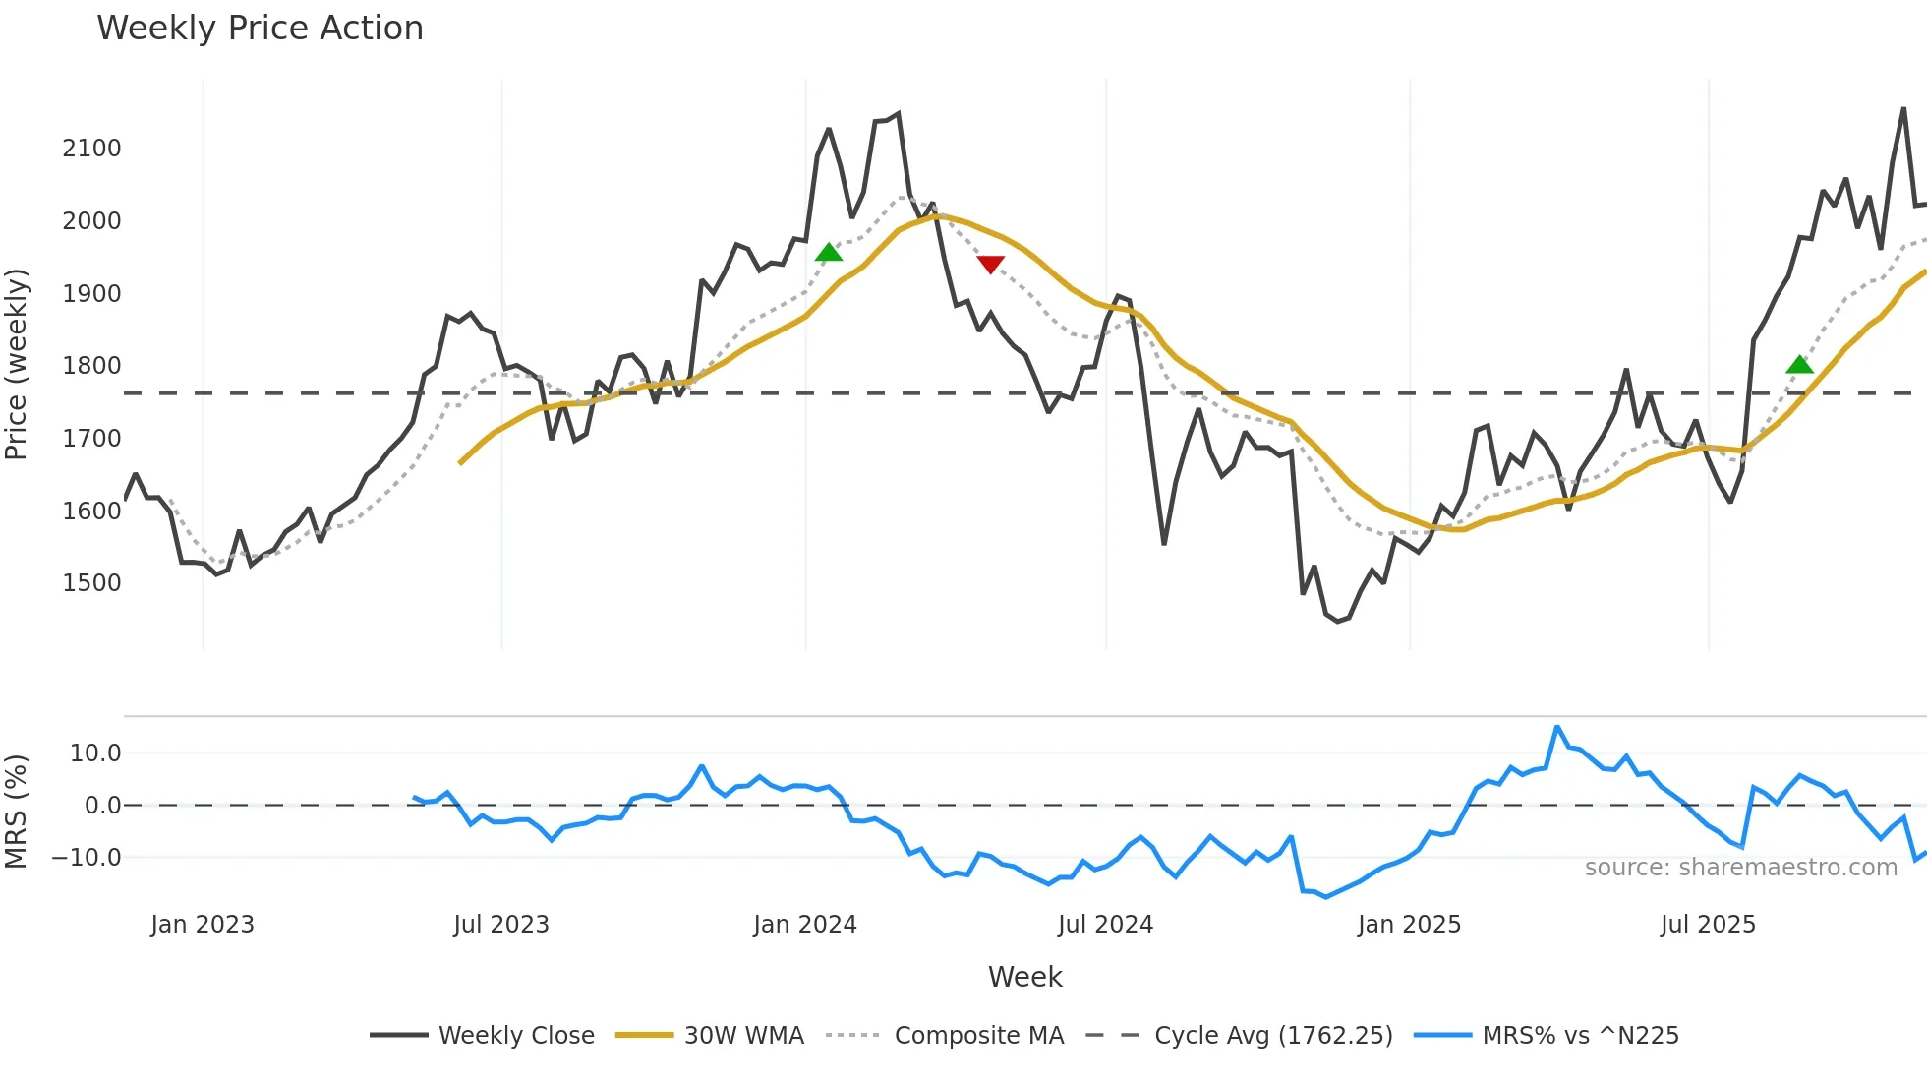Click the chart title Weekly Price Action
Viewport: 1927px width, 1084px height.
260,29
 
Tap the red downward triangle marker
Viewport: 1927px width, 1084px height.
990,265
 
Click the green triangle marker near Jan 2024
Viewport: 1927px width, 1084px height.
829,253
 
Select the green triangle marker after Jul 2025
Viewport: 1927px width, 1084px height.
1799,365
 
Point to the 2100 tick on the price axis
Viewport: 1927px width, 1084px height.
91,149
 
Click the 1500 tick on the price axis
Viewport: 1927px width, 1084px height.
91,583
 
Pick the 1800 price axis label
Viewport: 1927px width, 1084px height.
91,366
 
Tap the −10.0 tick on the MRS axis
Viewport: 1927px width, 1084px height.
87,858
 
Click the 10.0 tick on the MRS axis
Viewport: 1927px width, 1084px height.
95,753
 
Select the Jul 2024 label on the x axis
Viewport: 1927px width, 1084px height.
1105,925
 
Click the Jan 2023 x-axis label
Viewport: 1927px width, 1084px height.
203,925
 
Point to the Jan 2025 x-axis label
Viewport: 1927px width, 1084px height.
1409,925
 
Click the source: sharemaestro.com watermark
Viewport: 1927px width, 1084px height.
1740,868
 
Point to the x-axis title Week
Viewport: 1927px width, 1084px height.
1024,977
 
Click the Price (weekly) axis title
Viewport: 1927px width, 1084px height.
17,364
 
